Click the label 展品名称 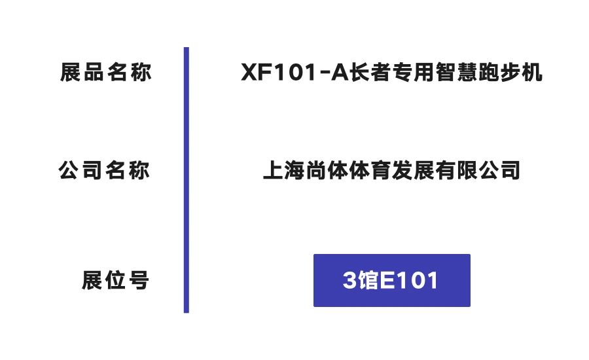[105, 72]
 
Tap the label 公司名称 [104, 170]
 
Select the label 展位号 [115, 280]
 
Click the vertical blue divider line [187, 180]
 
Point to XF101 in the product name [278, 72]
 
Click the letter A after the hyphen [340, 72]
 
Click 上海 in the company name [283, 170]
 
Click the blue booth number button [392, 280]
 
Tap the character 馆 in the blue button [368, 280]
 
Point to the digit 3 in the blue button [349, 280]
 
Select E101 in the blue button [408, 280]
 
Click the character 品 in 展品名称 [94, 72]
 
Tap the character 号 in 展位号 [139, 280]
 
